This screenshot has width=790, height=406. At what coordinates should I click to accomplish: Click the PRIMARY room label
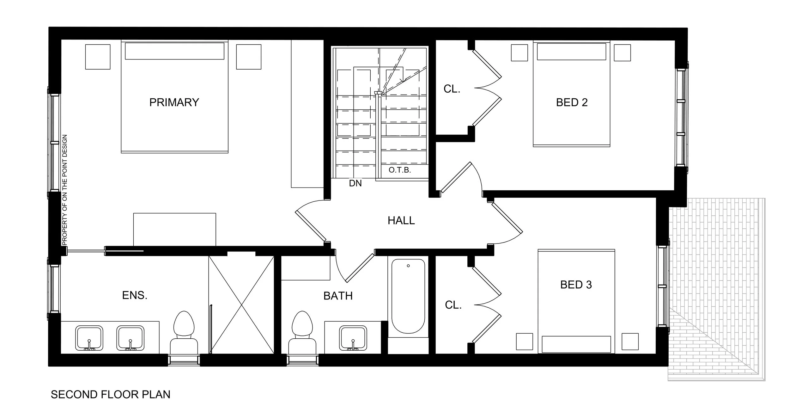pos(174,102)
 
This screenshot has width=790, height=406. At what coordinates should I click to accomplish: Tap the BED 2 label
pos(572,102)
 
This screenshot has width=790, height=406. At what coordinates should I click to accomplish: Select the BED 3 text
pos(576,285)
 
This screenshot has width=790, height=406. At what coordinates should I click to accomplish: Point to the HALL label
pos(401,220)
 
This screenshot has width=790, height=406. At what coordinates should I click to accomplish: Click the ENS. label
pos(135,295)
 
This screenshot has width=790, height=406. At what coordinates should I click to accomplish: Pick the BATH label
pos(338,296)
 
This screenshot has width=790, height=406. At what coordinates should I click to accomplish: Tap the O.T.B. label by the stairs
pos(399,170)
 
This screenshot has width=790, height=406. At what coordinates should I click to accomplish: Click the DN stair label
pos(355,183)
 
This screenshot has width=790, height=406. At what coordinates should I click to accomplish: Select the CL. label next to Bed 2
pos(452,89)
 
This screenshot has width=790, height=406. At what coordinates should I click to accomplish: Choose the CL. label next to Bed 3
pos(453,305)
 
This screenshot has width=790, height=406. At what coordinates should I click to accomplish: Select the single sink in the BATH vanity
pos(353,338)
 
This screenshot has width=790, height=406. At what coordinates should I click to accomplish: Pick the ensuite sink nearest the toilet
pos(130,338)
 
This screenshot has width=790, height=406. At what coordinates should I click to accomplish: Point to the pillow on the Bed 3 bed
pos(576,344)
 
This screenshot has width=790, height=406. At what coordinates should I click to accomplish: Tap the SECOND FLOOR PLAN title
pos(111,394)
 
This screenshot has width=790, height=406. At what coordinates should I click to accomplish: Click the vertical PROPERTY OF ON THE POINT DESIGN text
pos(65,190)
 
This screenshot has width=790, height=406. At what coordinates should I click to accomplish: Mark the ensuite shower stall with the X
pos(241,305)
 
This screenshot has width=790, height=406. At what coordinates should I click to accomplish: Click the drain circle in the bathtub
pos(408,266)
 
